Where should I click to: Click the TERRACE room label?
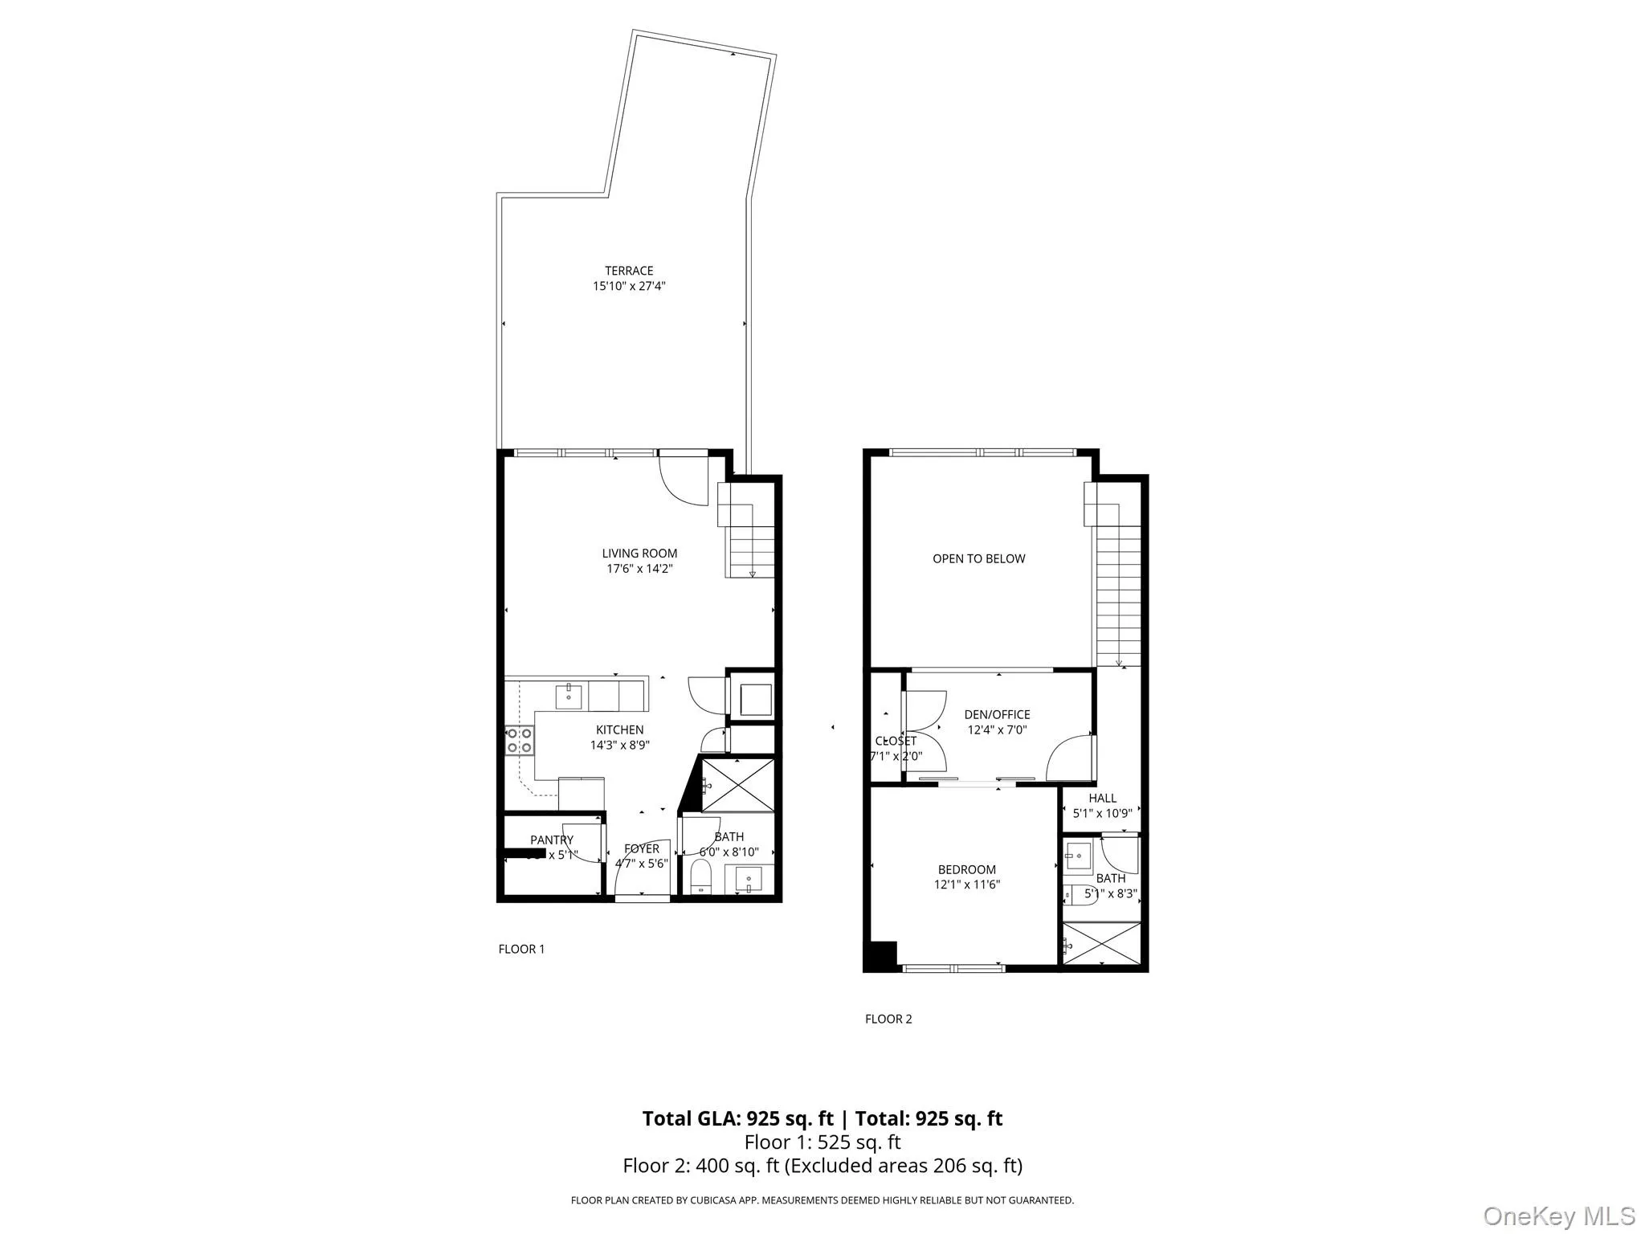(629, 271)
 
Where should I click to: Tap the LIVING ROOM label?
(639, 554)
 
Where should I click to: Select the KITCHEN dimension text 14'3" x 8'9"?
(619, 745)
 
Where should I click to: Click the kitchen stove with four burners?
(520, 740)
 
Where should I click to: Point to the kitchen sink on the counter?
(569, 696)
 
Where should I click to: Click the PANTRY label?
(552, 840)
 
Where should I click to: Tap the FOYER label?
(642, 848)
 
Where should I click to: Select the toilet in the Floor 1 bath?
(700, 876)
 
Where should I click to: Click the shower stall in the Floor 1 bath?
(737, 784)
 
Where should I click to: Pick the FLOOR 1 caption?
(521, 949)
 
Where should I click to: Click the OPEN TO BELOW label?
(978, 558)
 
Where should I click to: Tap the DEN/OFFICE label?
(997, 714)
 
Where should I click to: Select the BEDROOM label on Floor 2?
(966, 869)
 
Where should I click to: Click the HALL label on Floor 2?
(1102, 798)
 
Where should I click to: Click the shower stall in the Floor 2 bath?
(1101, 944)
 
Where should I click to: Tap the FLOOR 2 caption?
(888, 1019)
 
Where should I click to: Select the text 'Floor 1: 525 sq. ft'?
(822, 1142)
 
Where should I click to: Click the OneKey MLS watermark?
(1558, 1216)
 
